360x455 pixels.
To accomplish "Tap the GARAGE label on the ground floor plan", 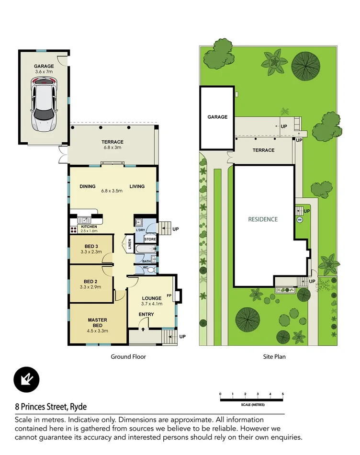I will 44,66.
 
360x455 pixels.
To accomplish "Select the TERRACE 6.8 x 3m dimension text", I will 112,148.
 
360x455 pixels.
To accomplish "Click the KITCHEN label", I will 89,227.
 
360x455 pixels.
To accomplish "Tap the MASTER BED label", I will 97,323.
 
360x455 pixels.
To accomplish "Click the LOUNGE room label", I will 152,298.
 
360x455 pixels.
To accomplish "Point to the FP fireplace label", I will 169,296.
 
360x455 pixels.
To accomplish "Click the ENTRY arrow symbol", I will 143,330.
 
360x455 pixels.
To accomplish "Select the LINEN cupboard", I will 129,243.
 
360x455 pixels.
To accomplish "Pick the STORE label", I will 150,239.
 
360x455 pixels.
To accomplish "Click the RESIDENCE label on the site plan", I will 262,219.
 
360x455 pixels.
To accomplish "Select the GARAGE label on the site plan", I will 217,117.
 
